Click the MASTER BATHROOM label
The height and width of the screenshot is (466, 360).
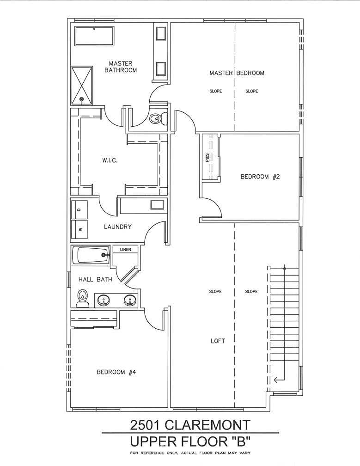(121, 67)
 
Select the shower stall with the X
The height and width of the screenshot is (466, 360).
(82, 85)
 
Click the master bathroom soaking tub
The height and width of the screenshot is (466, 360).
(94, 36)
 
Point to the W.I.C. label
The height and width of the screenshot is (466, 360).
(110, 160)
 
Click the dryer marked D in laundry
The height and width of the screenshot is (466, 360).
(79, 209)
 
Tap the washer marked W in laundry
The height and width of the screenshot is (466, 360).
(79, 229)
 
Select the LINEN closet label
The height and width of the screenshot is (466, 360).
(126, 249)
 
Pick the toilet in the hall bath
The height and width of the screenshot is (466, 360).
(82, 298)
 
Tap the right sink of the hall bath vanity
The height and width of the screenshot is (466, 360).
(129, 300)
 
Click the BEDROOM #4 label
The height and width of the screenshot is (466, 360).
(116, 372)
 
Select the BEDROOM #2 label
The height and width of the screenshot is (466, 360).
(260, 177)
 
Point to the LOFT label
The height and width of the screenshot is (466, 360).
(218, 341)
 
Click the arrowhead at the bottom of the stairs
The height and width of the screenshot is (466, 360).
(275, 380)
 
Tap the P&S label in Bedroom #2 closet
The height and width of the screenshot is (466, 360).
(207, 157)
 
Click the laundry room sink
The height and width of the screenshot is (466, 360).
(157, 205)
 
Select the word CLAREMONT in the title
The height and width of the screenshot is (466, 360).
(207, 425)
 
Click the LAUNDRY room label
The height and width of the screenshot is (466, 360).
(118, 227)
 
